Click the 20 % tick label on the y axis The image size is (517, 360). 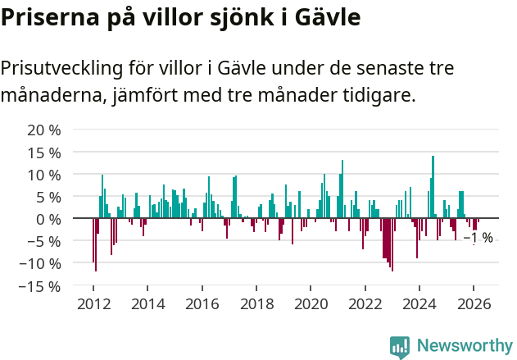coord(44,130)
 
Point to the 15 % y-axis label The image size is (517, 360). coord(44,153)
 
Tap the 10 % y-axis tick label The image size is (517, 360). coord(44,175)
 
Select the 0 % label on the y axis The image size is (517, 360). coord(48,219)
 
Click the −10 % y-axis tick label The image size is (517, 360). coord(40,263)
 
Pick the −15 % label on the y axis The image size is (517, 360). coord(40,286)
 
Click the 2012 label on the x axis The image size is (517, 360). coord(93,303)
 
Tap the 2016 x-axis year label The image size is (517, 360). coord(202,303)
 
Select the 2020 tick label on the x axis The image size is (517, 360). coord(311,303)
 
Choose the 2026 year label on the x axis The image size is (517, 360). coord(474,303)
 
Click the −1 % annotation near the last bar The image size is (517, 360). coord(478,238)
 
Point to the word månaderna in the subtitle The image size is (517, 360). coord(51,96)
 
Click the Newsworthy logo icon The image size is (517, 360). coord(400,347)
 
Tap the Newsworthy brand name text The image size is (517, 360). coord(464,346)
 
